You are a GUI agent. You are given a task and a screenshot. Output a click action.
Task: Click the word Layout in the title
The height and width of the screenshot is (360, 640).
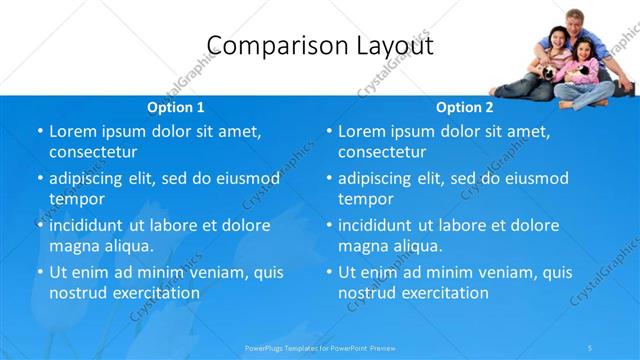coord(384,45)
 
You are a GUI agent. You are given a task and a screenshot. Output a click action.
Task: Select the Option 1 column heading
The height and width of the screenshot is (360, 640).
coord(175,107)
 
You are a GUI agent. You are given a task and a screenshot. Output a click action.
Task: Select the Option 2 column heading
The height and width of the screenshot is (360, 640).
coord(464,107)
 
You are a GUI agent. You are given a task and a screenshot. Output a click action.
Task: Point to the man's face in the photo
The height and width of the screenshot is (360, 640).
coord(573,23)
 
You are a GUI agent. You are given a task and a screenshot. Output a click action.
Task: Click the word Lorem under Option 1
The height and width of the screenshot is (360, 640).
coord(73,131)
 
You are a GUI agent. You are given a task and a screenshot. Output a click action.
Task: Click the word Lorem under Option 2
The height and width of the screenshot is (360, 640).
coord(362,131)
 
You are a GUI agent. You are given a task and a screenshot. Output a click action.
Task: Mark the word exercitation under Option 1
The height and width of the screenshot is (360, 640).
coord(154,293)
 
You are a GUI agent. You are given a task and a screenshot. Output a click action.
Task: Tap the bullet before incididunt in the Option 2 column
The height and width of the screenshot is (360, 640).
coord(328,225)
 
